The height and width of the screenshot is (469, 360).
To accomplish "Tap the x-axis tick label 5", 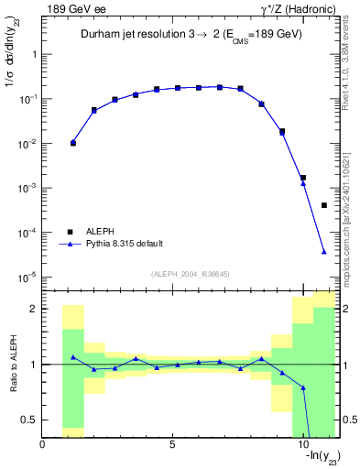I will pyautogui.click(x=172, y=445).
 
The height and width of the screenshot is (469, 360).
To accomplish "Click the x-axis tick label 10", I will pyautogui.click(x=301, y=445).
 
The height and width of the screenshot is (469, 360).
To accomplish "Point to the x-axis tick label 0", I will pyautogui.click(x=42, y=445).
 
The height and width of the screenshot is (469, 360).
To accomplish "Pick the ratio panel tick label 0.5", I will pyautogui.click(x=29, y=420).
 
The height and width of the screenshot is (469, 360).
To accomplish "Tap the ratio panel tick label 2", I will pyautogui.click(x=33, y=309).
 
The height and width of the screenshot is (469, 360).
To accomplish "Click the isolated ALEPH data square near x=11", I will pyautogui.click(x=324, y=205).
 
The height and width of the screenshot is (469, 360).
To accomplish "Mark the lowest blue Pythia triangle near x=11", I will pyautogui.click(x=324, y=252).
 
